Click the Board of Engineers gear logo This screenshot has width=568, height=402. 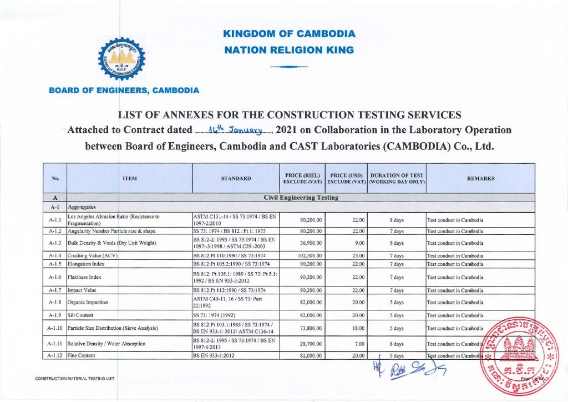[x=124, y=61]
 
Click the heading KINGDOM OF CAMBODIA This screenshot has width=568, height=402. [x=289, y=34]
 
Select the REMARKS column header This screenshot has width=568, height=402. [x=480, y=178]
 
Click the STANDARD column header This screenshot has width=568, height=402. [x=236, y=178]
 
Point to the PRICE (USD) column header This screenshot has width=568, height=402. [x=346, y=178]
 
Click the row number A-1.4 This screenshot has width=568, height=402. [x=55, y=255]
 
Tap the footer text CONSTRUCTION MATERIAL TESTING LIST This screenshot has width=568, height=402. [x=75, y=379]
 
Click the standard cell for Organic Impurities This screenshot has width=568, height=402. [x=236, y=303]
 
